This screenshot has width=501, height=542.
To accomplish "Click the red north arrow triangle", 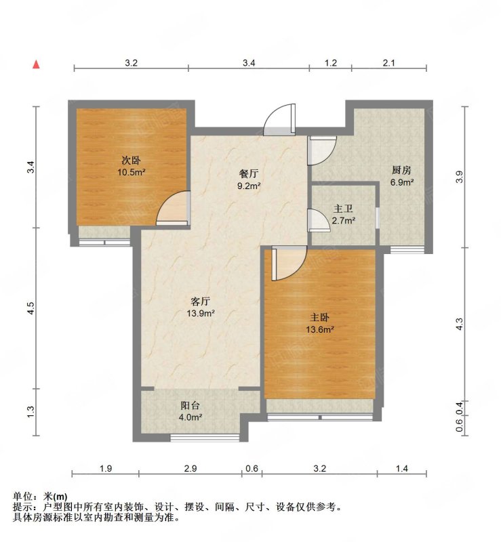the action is tap(36, 64).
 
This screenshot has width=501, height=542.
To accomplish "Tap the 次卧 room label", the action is tap(131, 161).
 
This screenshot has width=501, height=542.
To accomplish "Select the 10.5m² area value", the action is tap(131, 172).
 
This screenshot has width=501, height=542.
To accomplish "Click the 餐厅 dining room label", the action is tap(249, 174).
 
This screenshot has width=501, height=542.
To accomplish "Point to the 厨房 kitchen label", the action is tap(401, 170).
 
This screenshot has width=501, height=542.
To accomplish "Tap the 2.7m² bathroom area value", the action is tap(344, 220).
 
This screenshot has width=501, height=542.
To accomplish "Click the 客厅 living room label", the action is tap(200, 301).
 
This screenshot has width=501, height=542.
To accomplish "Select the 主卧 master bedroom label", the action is tap(320, 317).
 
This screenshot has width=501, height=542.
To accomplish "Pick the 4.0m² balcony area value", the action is tap(191, 417).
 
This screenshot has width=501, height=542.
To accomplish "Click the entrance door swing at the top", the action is tap(279, 119).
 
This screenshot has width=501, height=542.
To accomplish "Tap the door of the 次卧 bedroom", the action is tap(173, 208).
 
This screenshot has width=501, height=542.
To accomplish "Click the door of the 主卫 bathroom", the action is tap(319, 220).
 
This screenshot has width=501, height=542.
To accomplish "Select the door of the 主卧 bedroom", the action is tap(289, 263).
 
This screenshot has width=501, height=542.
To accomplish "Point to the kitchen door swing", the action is tap(322, 150).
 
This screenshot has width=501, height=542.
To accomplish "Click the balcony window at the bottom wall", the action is tap(205, 438).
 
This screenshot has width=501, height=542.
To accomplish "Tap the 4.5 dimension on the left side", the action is tap(31, 308).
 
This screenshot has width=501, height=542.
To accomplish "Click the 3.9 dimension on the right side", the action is tap(459, 177).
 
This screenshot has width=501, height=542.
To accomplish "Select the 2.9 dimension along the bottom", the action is tap(191, 468).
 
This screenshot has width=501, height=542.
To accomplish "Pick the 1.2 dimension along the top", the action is tap(330, 62).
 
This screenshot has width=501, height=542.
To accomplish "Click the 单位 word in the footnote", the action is tap(23, 497).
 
